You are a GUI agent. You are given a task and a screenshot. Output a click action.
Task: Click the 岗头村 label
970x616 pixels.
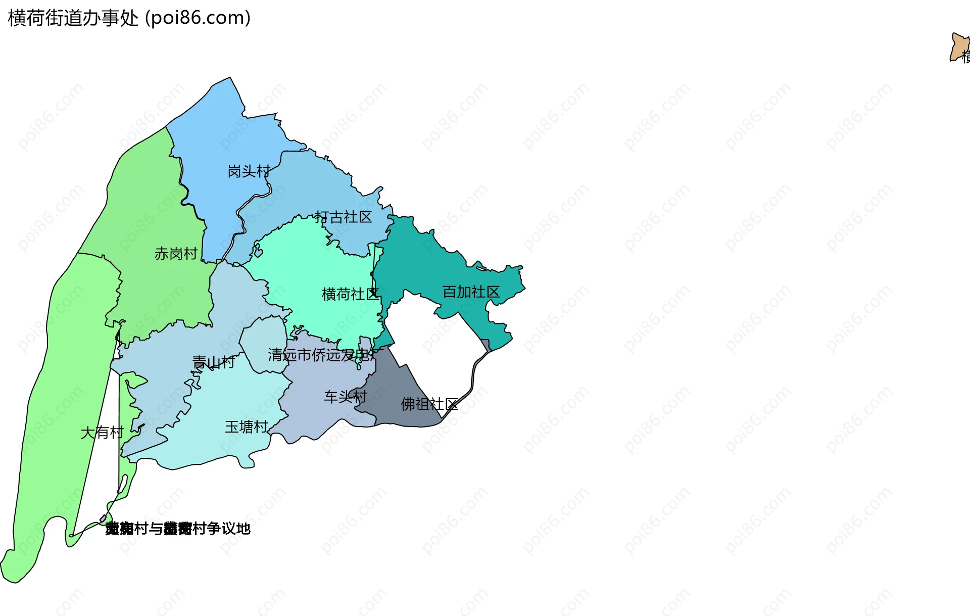point(249,172)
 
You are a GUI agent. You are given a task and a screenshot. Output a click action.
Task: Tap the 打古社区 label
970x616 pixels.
point(344,217)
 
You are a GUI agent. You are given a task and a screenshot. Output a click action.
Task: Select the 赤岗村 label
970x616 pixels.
point(176,254)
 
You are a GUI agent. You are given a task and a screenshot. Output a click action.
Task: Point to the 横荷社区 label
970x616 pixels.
point(350,294)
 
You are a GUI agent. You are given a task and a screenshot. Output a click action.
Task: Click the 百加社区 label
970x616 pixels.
point(471,292)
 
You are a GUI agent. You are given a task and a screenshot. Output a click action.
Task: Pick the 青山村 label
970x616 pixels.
point(213,362)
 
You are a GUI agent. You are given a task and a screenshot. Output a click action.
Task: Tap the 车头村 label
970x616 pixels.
point(345,397)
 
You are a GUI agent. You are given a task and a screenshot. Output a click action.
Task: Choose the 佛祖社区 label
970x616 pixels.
point(429,404)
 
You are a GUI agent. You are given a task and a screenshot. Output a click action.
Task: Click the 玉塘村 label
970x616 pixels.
point(246,427)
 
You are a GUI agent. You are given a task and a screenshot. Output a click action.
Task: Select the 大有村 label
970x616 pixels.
point(102,433)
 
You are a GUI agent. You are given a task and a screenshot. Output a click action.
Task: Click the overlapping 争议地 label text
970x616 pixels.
point(178,529)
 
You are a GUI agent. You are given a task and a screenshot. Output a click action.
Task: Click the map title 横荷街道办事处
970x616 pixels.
point(73,18)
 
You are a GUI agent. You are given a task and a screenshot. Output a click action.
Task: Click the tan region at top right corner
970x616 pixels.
point(958,47)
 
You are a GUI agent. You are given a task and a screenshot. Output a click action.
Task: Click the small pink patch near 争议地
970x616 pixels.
point(103,518)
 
